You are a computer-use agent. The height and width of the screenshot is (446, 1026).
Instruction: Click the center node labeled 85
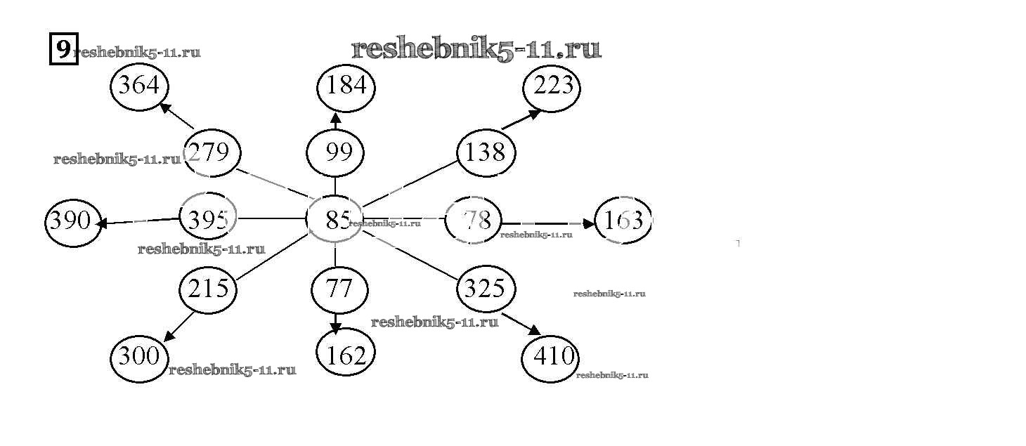click(x=335, y=220)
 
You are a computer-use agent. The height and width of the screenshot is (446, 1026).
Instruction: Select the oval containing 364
click(x=140, y=87)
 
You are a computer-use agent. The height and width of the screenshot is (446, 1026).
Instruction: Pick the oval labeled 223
click(x=552, y=87)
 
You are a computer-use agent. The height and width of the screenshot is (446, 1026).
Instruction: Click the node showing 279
click(x=212, y=152)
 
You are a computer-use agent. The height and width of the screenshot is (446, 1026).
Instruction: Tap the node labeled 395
click(x=208, y=220)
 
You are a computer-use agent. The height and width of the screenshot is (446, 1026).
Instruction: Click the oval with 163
click(x=623, y=221)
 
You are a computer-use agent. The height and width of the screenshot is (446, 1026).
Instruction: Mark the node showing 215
click(x=208, y=289)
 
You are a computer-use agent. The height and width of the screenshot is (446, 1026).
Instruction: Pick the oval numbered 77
click(x=339, y=289)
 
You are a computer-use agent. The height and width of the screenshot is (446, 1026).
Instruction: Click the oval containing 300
click(x=140, y=357)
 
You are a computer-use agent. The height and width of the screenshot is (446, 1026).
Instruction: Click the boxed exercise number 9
click(x=63, y=50)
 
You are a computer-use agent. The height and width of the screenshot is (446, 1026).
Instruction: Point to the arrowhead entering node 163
click(x=589, y=223)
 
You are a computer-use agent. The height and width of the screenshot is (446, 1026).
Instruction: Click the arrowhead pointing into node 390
click(x=102, y=224)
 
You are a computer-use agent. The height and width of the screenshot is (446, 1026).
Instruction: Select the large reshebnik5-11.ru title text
click(x=476, y=49)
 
